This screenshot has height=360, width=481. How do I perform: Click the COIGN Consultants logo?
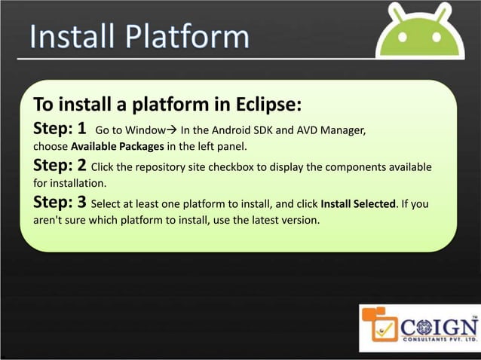[419, 328]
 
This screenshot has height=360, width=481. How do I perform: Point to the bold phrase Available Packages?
[117, 146]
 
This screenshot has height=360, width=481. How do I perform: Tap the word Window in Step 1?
[144, 130]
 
